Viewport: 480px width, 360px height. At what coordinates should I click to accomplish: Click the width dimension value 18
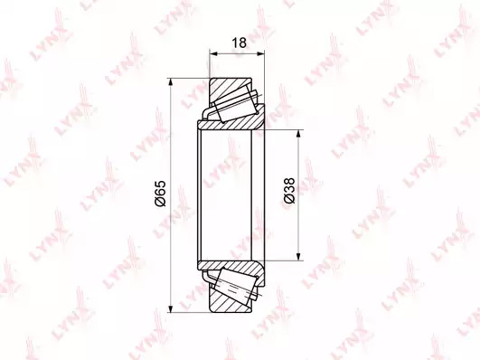tap(239, 43)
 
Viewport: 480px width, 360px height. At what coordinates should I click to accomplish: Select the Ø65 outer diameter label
tap(160, 194)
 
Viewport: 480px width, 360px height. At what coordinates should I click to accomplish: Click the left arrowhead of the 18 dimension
tap(213, 54)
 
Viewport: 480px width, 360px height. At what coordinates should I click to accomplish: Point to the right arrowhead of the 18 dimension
tap(260, 54)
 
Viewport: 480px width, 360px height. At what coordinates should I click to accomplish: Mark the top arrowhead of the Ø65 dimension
tap(171, 82)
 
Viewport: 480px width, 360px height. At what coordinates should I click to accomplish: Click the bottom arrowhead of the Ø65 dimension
tap(171, 308)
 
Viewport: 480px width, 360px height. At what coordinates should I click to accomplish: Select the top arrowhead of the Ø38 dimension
tap(298, 134)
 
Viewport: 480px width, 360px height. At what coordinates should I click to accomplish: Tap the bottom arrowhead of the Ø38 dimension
tap(298, 257)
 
